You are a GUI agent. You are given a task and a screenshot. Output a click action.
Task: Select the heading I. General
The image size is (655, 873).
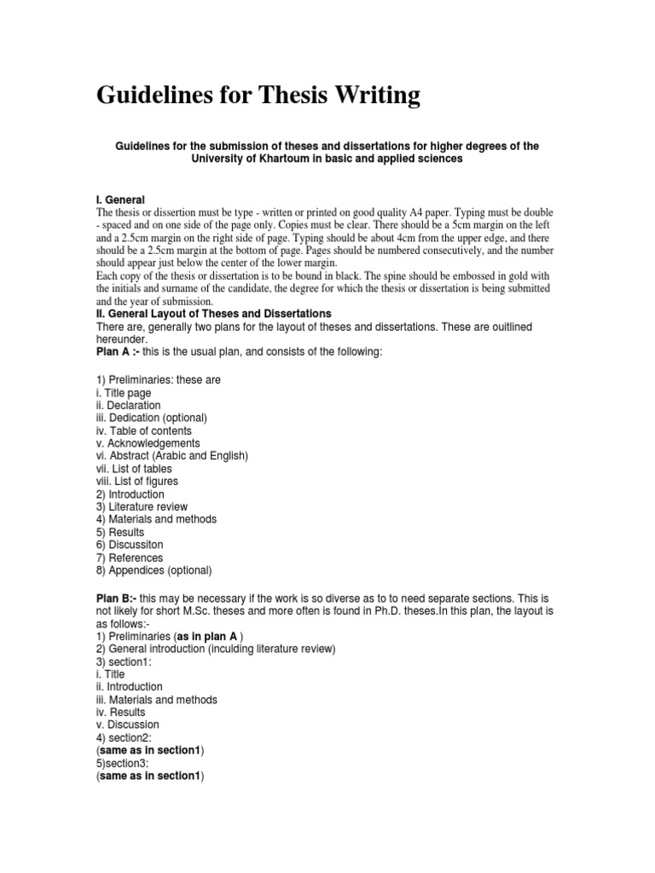click(x=120, y=199)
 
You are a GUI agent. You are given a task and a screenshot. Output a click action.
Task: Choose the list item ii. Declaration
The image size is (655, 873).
click(x=128, y=405)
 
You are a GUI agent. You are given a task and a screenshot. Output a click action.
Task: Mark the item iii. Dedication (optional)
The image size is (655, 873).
click(x=151, y=418)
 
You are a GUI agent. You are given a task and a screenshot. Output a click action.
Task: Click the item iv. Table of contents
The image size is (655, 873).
click(x=143, y=431)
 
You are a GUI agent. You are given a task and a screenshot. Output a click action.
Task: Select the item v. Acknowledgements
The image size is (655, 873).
click(x=148, y=443)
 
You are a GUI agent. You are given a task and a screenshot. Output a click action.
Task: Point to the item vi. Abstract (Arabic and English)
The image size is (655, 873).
click(x=171, y=456)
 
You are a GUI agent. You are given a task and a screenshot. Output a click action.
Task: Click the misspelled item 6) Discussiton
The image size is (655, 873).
click(x=129, y=545)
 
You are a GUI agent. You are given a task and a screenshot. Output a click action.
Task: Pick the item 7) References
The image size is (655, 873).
click(x=129, y=558)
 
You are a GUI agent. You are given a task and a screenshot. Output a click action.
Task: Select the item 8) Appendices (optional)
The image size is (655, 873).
click(x=154, y=570)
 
